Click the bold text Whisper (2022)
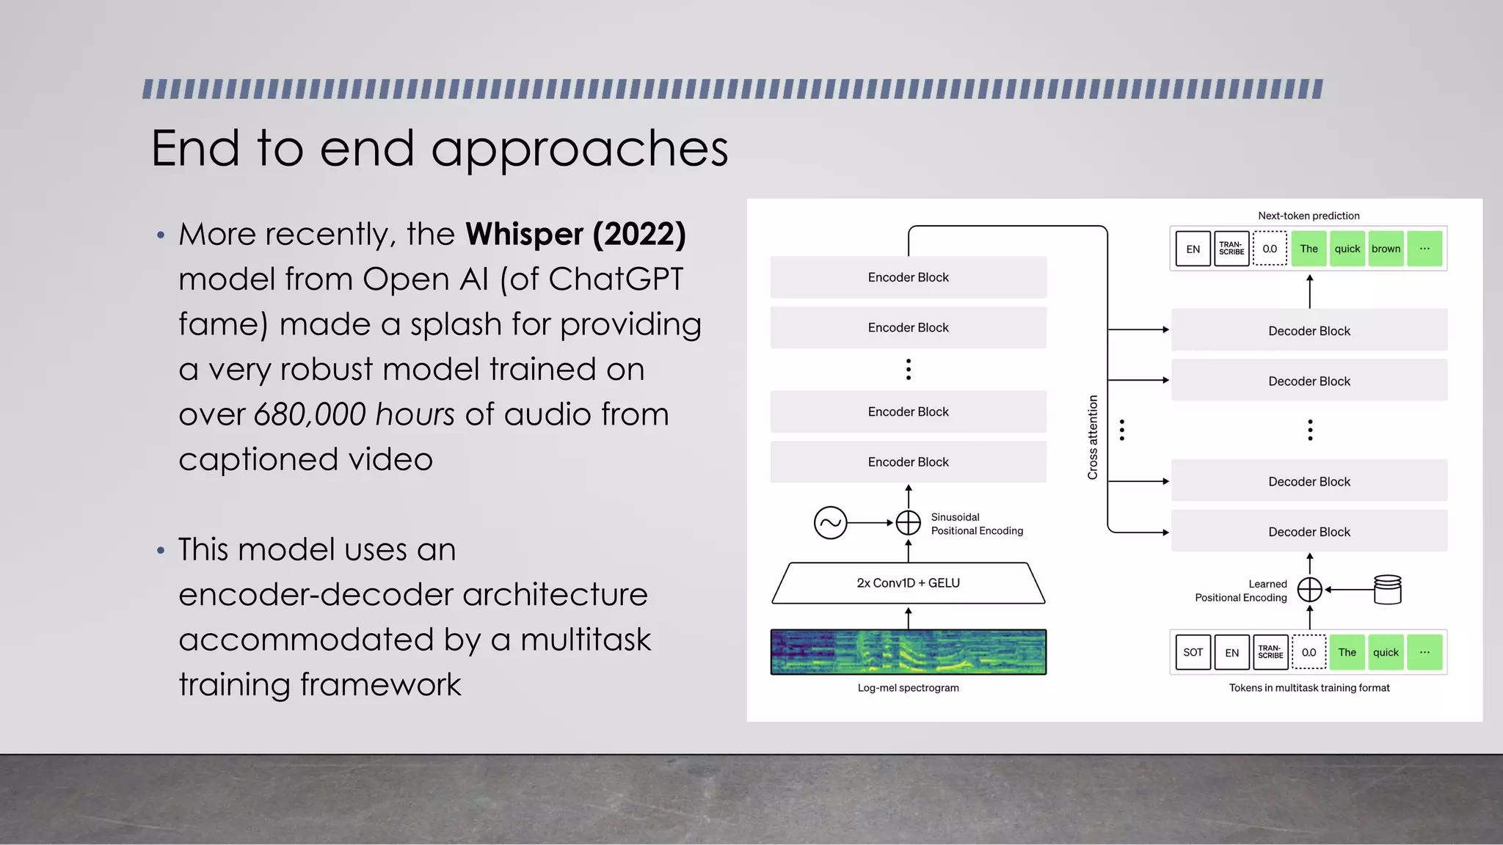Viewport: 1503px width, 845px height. point(575,235)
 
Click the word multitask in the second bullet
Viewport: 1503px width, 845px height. point(585,640)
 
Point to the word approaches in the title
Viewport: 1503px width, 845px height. point(579,149)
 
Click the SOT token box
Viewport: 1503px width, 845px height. point(1193,652)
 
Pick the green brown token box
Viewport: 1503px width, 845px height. point(1386,249)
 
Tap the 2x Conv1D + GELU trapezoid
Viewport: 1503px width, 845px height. point(908,583)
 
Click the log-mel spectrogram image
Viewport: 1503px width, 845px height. point(908,652)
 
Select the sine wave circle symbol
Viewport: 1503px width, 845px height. point(830,523)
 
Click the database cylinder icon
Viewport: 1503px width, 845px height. point(1387,589)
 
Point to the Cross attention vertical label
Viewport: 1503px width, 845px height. point(1093,437)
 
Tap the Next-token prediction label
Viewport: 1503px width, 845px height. point(1309,216)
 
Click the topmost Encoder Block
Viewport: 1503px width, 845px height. point(908,277)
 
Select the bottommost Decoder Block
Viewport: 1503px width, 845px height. point(1309,532)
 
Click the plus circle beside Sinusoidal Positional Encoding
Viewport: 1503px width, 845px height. point(908,523)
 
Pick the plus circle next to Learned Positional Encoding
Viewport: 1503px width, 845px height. point(1309,589)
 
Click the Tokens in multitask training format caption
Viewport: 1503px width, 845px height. point(1309,688)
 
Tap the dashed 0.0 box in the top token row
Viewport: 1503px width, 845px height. point(1270,249)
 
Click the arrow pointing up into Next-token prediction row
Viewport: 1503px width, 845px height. point(1309,291)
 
